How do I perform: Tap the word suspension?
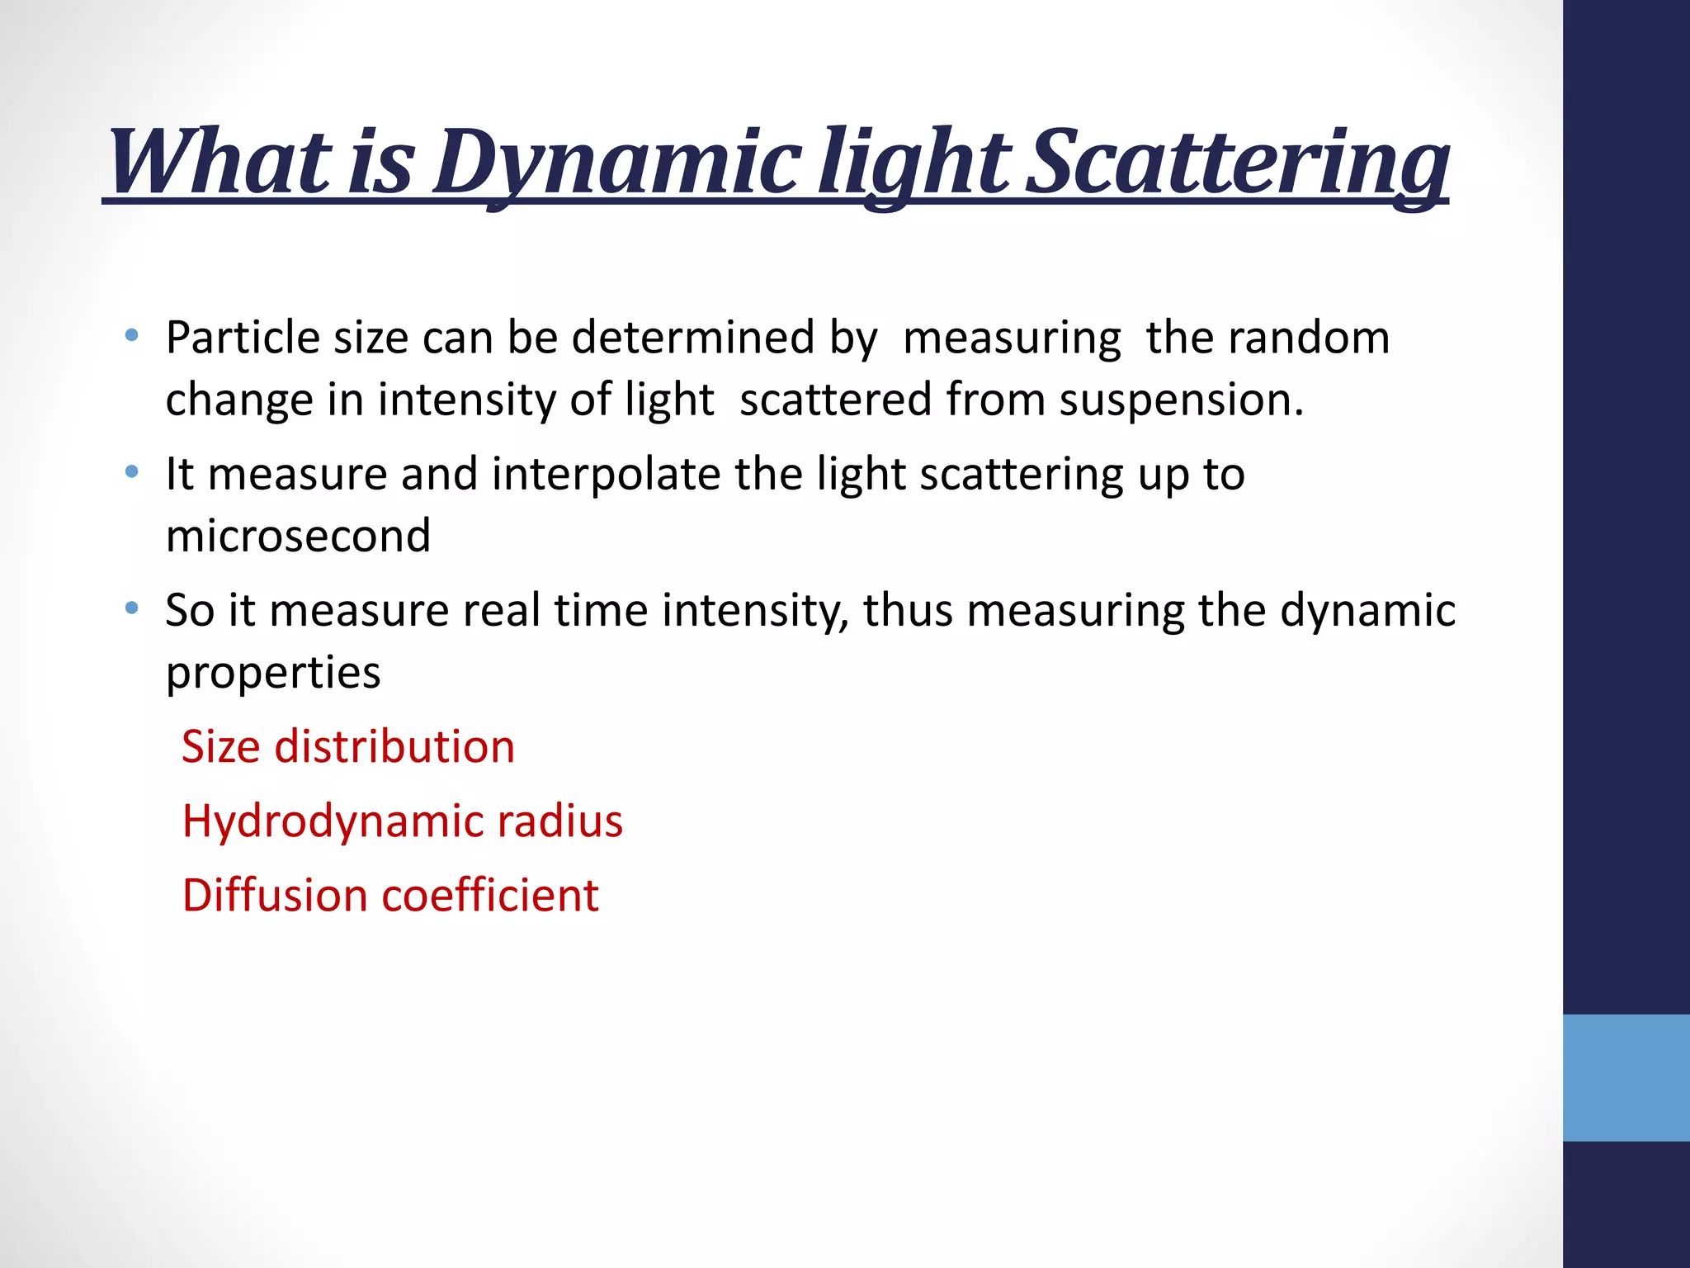coord(1182,400)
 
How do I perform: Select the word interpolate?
coord(607,474)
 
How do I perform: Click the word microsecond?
coord(298,536)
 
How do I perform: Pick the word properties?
coord(273,673)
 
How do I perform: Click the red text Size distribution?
coord(348,747)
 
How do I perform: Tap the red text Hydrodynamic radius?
coord(403,821)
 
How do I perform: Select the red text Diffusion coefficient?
coord(390,896)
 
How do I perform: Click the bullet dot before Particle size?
coord(131,336)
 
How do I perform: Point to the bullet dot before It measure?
coord(131,472)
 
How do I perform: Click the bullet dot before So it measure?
coord(131,609)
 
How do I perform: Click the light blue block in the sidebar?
coord(1626,1077)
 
